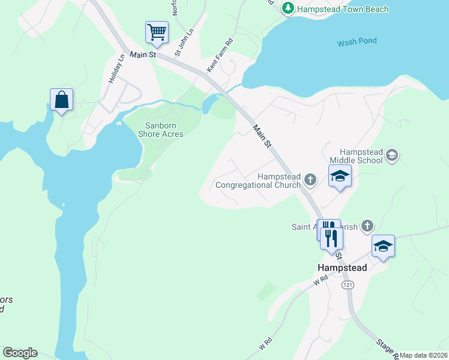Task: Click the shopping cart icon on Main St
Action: coord(157,32)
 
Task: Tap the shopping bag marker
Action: coord(61,100)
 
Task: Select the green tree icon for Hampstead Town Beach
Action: coord(289,8)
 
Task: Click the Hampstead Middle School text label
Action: coord(361,156)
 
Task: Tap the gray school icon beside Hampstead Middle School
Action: coord(392,156)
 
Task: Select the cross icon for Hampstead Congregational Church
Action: coord(310,179)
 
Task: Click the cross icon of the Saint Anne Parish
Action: coord(367,226)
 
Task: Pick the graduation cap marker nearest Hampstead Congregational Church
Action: coord(339,176)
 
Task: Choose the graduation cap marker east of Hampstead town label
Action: coord(383,246)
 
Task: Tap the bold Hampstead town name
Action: coord(342,268)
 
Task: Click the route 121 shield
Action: coord(348,285)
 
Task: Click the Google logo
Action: coord(20,353)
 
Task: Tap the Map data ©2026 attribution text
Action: coord(423,355)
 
